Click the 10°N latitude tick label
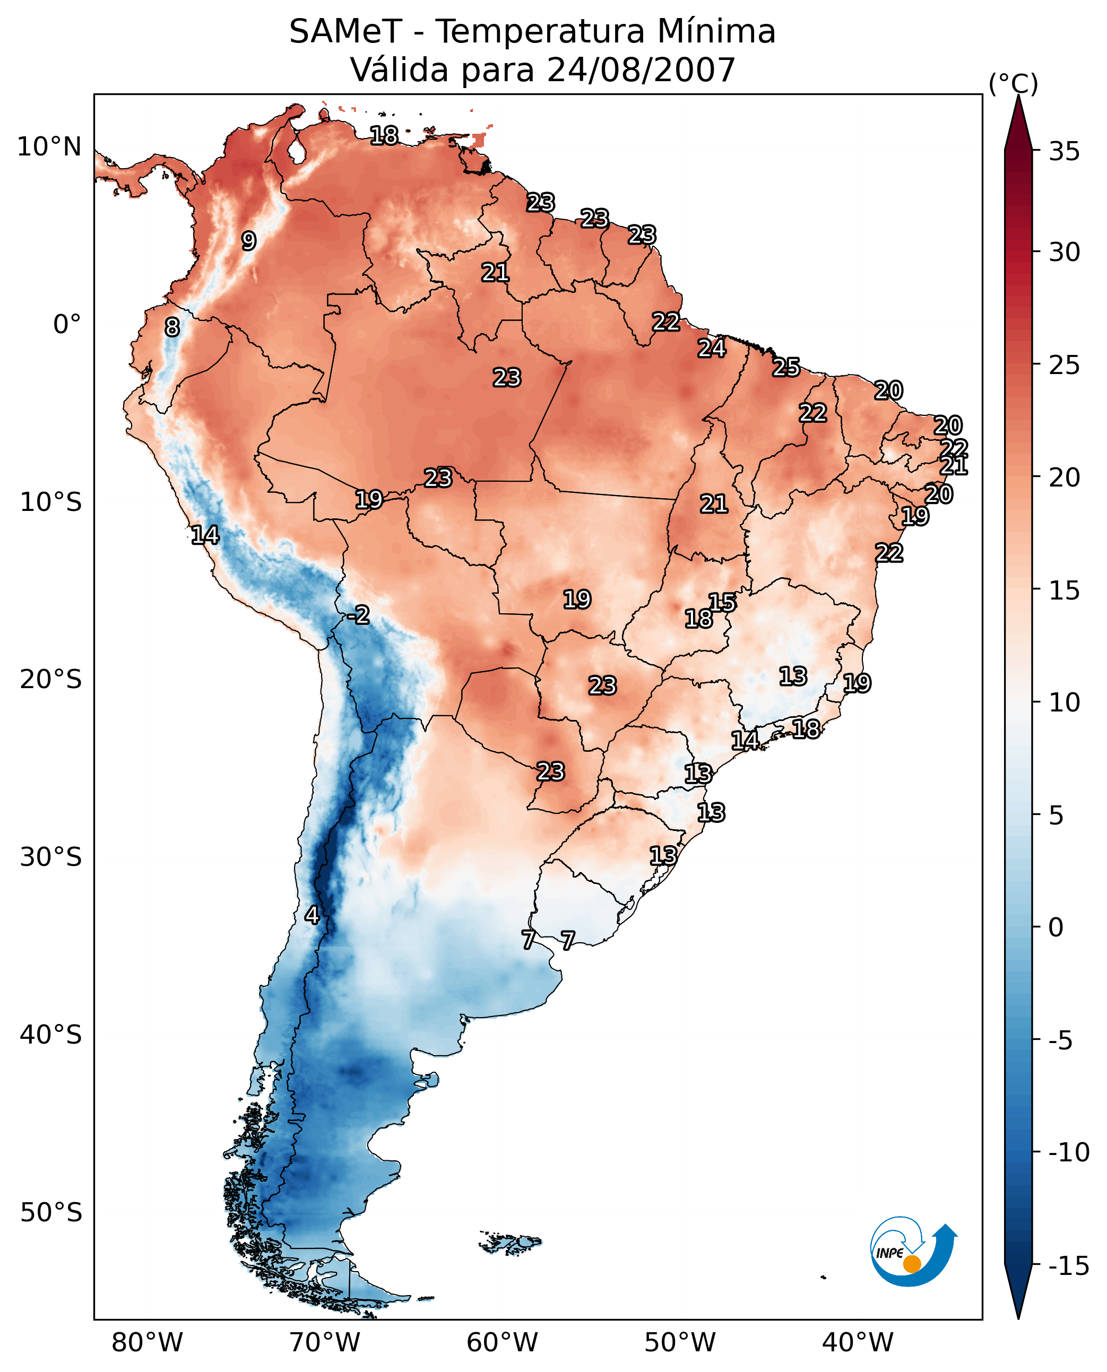[49, 147]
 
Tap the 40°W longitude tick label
[858, 1343]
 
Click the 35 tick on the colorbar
[1064, 152]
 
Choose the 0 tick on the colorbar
[1056, 927]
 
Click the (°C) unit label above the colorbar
[1013, 83]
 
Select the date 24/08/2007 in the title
[641, 70]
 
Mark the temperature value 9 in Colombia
[249, 241]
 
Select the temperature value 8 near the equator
[172, 327]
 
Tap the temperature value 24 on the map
[711, 348]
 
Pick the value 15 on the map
[722, 603]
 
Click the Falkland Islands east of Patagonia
[510, 1243]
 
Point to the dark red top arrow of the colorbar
[1018, 124]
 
